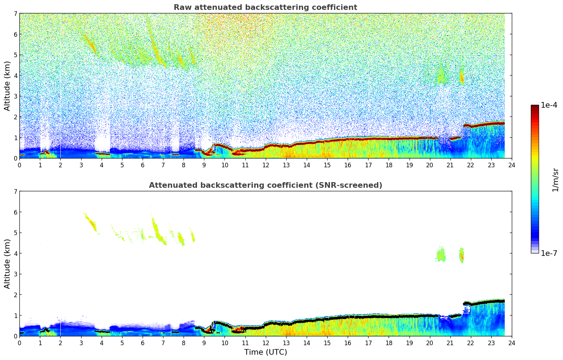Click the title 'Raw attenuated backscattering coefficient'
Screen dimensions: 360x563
coord(265,7)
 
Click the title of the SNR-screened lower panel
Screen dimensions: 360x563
coord(265,185)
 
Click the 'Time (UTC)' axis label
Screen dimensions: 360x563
coord(265,352)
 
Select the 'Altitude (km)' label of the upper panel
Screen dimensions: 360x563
coord(7,86)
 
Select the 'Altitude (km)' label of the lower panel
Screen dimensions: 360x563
coord(7,264)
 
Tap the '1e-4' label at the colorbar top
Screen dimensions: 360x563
coord(549,105)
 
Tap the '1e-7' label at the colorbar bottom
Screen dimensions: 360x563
coord(549,253)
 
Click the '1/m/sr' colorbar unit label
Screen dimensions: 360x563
coord(555,180)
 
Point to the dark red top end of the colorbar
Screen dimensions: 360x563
coord(535,107)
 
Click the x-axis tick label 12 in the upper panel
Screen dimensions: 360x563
coord(265,165)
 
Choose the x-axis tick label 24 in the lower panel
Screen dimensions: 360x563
coord(511,343)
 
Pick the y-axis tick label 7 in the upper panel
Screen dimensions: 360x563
coord(15,14)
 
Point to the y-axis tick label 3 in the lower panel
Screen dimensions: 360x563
coord(15,274)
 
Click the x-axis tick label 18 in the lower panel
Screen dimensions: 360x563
coord(389,343)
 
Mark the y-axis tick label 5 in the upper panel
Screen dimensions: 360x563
coord(15,55)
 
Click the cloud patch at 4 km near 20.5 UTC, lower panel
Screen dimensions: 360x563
coord(441,255)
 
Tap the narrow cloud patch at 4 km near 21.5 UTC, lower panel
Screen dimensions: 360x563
coord(461,255)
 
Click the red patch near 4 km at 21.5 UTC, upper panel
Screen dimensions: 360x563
coord(461,77)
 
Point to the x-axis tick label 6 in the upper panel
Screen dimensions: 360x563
coord(143,165)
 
